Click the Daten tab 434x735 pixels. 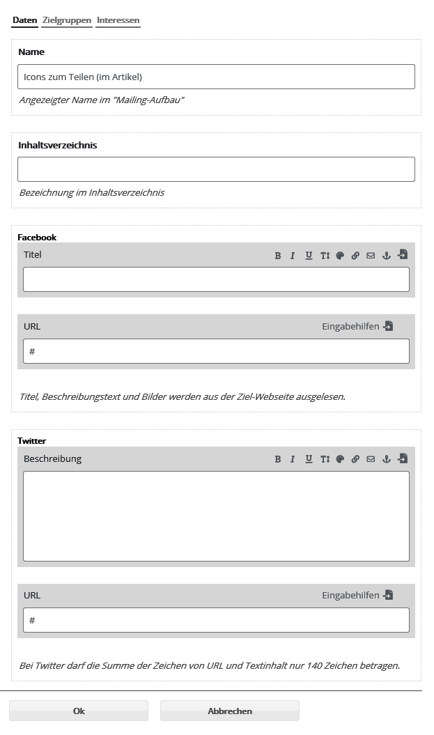(x=24, y=20)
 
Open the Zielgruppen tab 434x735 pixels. (x=66, y=20)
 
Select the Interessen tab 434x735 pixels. (x=118, y=20)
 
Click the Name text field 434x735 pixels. (x=216, y=77)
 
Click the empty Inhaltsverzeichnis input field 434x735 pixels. (x=216, y=169)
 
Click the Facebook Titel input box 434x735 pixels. (x=216, y=279)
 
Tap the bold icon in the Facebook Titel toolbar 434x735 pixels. (x=278, y=256)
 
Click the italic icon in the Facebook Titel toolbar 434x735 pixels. (x=293, y=256)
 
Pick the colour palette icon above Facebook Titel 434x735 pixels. (x=340, y=256)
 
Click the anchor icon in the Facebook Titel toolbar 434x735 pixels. (x=387, y=256)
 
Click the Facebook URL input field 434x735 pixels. (x=216, y=351)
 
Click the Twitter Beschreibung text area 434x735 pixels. (x=216, y=516)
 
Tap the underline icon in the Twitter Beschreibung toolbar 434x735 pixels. (x=309, y=459)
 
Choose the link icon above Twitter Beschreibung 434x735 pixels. (x=355, y=459)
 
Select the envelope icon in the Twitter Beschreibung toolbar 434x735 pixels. (x=371, y=459)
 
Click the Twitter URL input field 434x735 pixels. (x=216, y=620)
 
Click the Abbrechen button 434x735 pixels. (x=230, y=711)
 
